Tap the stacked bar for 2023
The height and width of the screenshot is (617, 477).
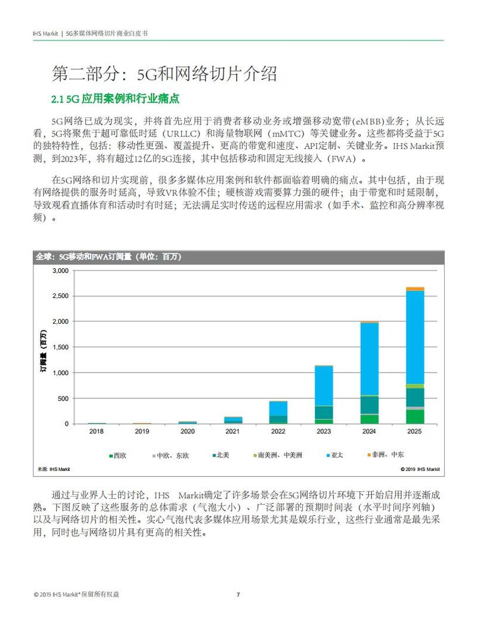tap(324, 394)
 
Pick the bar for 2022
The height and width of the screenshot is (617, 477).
tap(278, 412)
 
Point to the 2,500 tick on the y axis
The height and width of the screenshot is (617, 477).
tap(60, 296)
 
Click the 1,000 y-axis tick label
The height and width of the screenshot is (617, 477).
tap(60, 373)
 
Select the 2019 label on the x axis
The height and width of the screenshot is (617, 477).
tap(142, 431)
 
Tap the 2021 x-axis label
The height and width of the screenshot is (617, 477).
tap(233, 431)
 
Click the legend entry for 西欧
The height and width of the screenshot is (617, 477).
tap(117, 455)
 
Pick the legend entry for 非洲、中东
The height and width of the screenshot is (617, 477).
tap(388, 455)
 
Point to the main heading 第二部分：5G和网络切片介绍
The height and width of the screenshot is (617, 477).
tap(164, 74)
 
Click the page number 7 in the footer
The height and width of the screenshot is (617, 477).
tap(238, 594)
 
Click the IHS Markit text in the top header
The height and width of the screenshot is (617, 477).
tap(45, 34)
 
